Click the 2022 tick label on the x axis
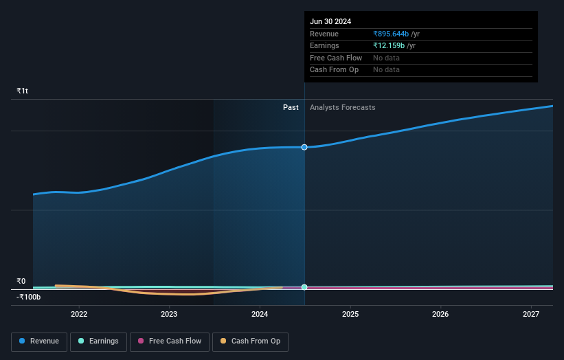pyautogui.click(x=79, y=314)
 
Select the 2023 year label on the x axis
pyautogui.click(x=169, y=314)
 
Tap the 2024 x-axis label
pyautogui.click(x=260, y=314)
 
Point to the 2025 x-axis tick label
pyautogui.click(x=350, y=314)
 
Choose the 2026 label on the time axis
pyautogui.click(x=440, y=314)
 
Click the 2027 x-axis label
pyautogui.click(x=531, y=314)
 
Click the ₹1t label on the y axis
pyautogui.click(x=23, y=91)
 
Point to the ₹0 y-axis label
pyautogui.click(x=21, y=281)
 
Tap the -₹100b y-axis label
pyautogui.click(x=29, y=297)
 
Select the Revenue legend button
pyautogui.click(x=39, y=341)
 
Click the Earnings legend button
pyautogui.click(x=98, y=341)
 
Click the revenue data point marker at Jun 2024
pyautogui.click(x=304, y=147)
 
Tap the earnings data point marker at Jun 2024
pyautogui.click(x=304, y=287)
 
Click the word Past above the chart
pyautogui.click(x=291, y=107)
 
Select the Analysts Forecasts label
pyautogui.click(x=343, y=107)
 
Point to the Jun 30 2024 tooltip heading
pyautogui.click(x=330, y=21)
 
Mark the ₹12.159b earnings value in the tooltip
pyautogui.click(x=389, y=45)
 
